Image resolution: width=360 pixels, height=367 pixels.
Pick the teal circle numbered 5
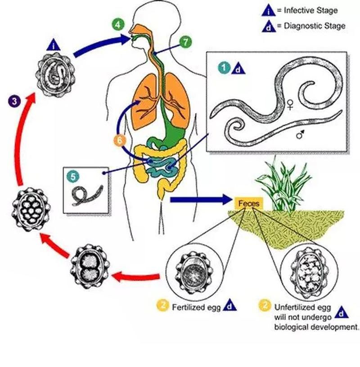click(x=72, y=175)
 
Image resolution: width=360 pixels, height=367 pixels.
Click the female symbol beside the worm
click(x=291, y=105)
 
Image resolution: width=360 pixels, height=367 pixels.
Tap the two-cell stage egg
click(x=90, y=266)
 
